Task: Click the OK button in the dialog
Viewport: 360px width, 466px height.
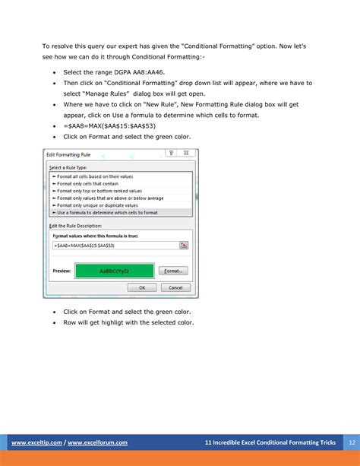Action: (x=142, y=287)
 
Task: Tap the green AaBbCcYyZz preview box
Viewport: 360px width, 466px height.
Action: (x=115, y=271)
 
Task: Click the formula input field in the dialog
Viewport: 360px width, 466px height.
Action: (x=114, y=245)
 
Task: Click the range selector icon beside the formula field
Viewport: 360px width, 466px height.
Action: (x=184, y=245)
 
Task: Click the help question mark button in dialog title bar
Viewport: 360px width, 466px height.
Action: (x=172, y=154)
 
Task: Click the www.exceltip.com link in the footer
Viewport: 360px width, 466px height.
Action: (x=35, y=442)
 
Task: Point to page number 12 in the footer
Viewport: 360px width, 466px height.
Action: (x=351, y=442)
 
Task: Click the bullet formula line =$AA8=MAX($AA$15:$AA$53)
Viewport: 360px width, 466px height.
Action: (x=106, y=125)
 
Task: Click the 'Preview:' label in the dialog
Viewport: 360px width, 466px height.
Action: (x=62, y=271)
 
